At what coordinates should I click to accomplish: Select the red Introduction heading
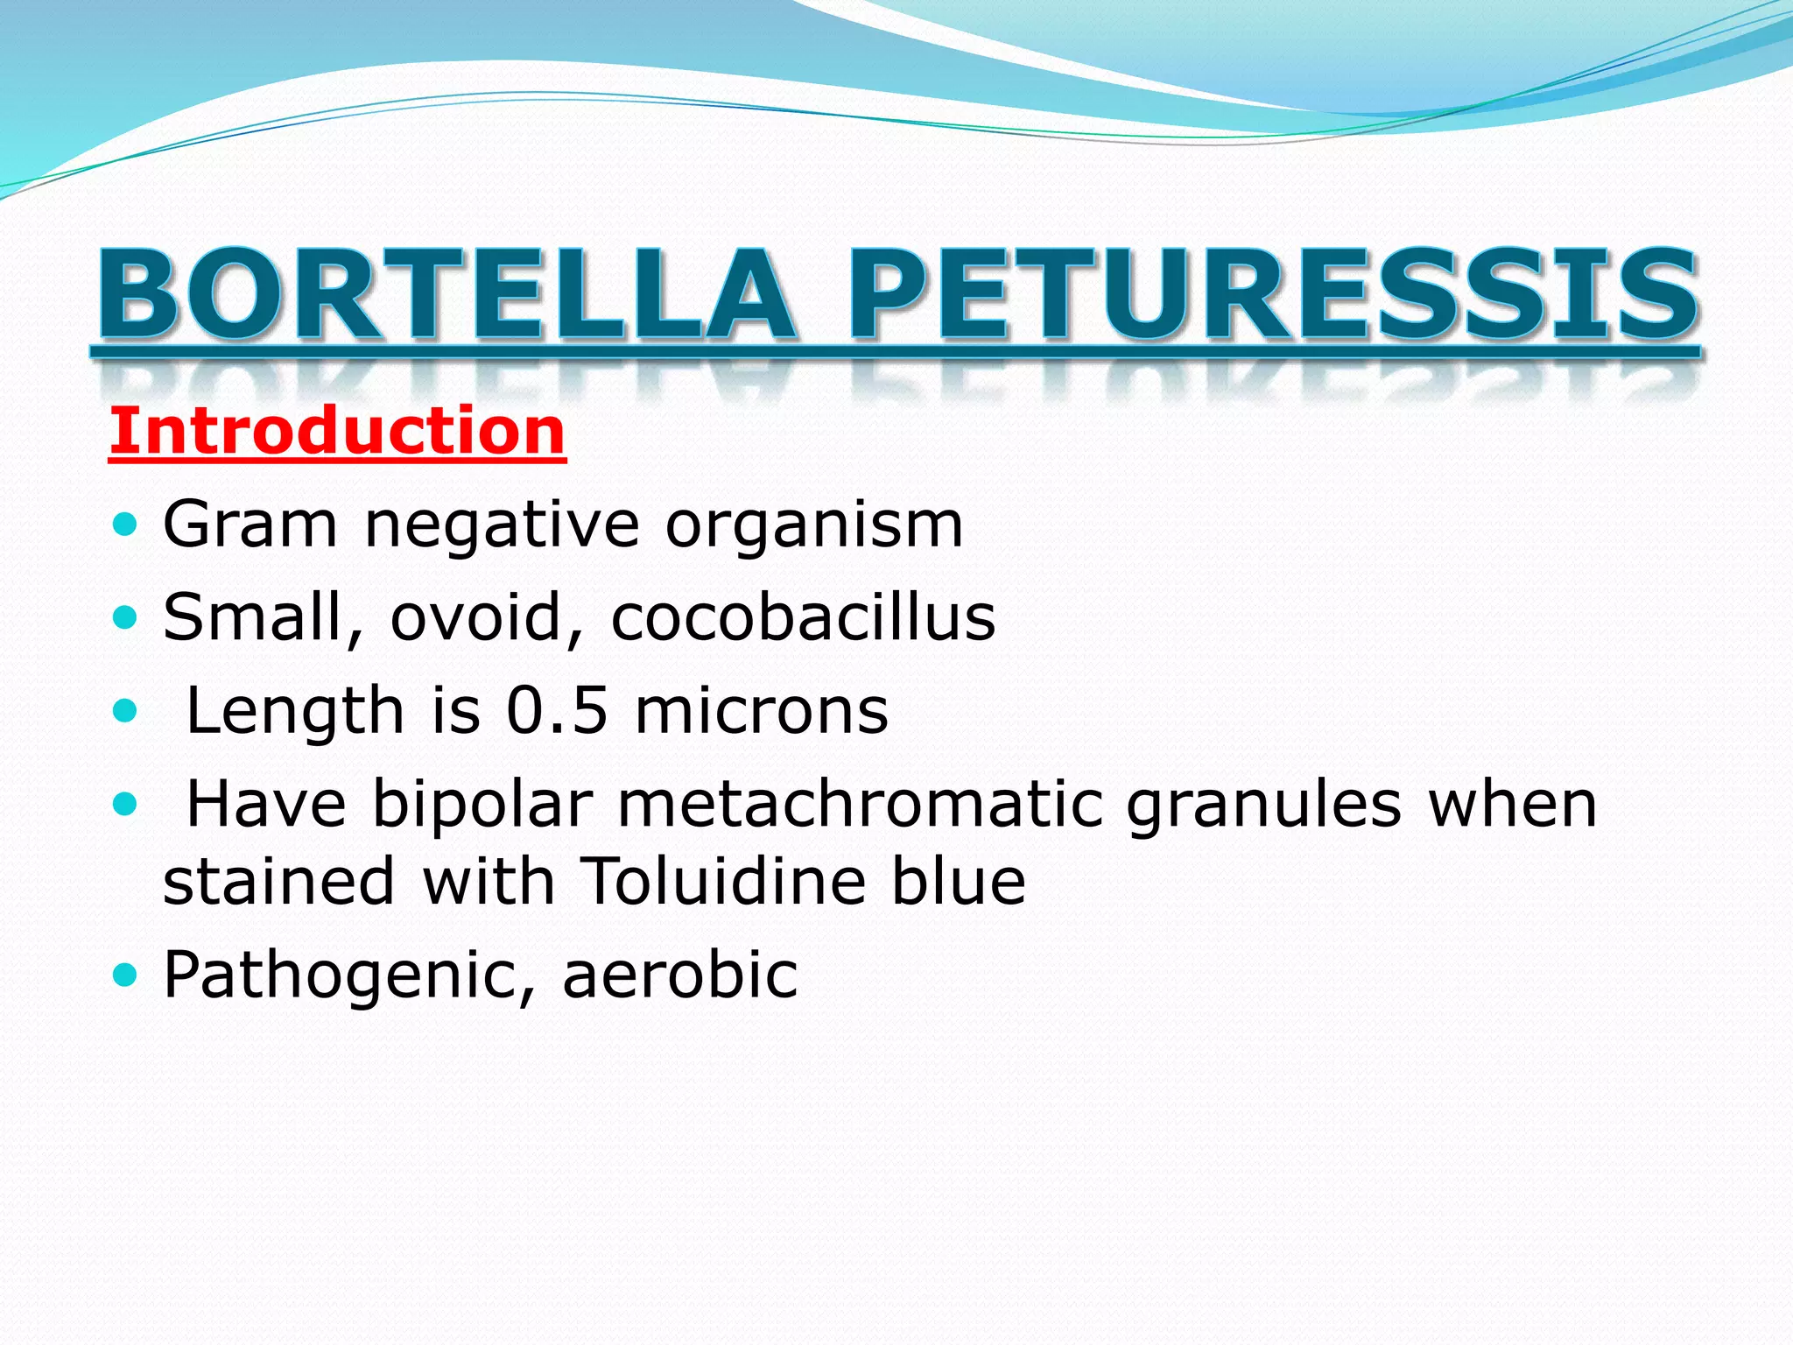pos(337,431)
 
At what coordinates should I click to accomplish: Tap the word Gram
pos(250,525)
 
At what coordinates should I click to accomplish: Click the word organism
pos(814,526)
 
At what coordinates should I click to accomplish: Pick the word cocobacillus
pos(803,617)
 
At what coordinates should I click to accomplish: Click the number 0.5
pos(557,710)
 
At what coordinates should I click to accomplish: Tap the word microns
pos(762,710)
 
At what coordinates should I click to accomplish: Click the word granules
pos(1263,806)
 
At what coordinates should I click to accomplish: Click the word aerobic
pos(679,975)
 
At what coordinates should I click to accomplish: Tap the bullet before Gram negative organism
pos(126,525)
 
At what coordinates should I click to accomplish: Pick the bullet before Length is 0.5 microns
pos(126,711)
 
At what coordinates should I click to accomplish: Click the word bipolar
pos(482,806)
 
